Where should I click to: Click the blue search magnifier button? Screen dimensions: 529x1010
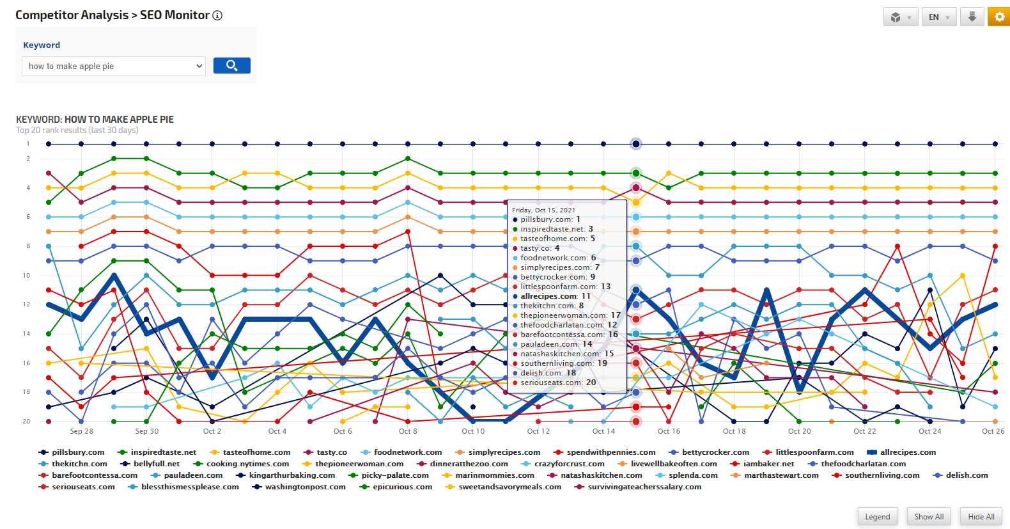231,66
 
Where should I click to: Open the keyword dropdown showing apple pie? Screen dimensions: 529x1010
114,67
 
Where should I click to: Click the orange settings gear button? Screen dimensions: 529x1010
998,17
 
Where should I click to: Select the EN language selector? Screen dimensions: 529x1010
938,17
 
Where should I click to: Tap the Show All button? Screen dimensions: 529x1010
928,517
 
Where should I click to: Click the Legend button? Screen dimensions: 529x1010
877,517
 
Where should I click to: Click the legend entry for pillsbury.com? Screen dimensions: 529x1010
77,452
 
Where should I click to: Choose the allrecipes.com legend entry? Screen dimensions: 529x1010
907,452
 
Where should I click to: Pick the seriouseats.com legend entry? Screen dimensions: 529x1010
83,487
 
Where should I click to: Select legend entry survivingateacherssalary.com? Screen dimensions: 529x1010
644,487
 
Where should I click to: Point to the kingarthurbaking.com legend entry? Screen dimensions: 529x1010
291,475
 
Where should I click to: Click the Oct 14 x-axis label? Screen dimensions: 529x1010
603,431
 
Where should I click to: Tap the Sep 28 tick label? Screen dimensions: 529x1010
81,431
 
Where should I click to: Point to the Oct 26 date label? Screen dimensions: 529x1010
993,431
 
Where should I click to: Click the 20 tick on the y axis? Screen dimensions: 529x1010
26,422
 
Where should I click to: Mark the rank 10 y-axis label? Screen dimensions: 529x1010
26,276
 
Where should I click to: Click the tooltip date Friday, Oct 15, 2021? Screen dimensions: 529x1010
543,210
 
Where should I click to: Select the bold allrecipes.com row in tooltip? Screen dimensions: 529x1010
555,296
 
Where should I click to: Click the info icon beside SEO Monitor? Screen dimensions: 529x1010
217,15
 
